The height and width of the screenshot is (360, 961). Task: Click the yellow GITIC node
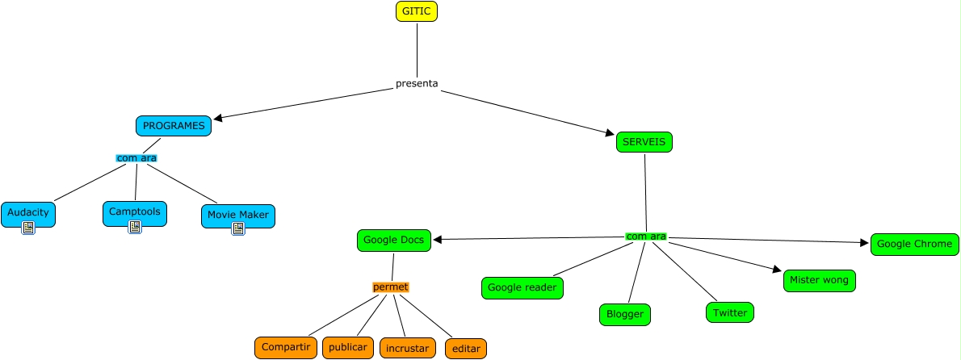click(x=417, y=11)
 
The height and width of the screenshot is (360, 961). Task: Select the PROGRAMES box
click(x=174, y=126)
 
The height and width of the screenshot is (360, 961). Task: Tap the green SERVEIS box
click(x=644, y=142)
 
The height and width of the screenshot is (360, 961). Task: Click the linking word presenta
click(x=417, y=84)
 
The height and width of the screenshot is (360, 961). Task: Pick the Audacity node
click(x=28, y=213)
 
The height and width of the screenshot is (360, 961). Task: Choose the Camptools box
click(x=135, y=212)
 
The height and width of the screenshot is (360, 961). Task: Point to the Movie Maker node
click(x=237, y=215)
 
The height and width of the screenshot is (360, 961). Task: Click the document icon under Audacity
click(x=28, y=228)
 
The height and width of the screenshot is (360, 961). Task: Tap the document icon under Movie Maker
click(x=237, y=228)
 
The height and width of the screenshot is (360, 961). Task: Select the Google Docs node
click(x=393, y=240)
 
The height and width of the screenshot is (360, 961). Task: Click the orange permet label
click(x=391, y=287)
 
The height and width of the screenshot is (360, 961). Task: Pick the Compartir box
click(x=286, y=347)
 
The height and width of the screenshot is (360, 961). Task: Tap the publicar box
click(x=348, y=347)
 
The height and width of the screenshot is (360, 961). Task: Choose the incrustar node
click(x=408, y=349)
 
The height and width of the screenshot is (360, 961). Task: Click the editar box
click(x=466, y=349)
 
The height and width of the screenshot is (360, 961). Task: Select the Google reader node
click(x=522, y=287)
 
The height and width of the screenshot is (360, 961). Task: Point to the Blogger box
click(x=624, y=315)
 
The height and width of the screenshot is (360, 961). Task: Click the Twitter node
click(x=730, y=312)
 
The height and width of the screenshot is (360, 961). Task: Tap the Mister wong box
click(x=819, y=281)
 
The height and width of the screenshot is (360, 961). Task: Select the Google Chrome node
click(x=914, y=244)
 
